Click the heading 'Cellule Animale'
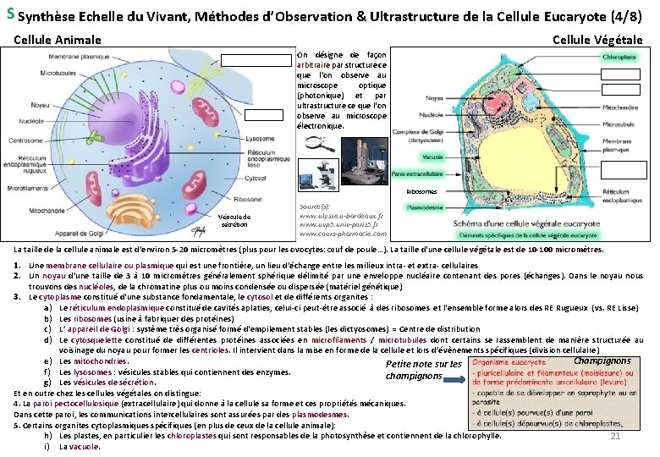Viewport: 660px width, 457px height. pyautogui.click(x=58, y=40)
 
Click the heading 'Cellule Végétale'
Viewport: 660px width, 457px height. pyautogui.click(x=597, y=40)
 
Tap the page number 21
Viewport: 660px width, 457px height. pyautogui.click(x=616, y=436)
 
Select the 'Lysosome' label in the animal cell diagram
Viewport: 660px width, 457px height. pyautogui.click(x=261, y=138)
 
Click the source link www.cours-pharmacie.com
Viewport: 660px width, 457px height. pyautogui.click(x=343, y=233)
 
